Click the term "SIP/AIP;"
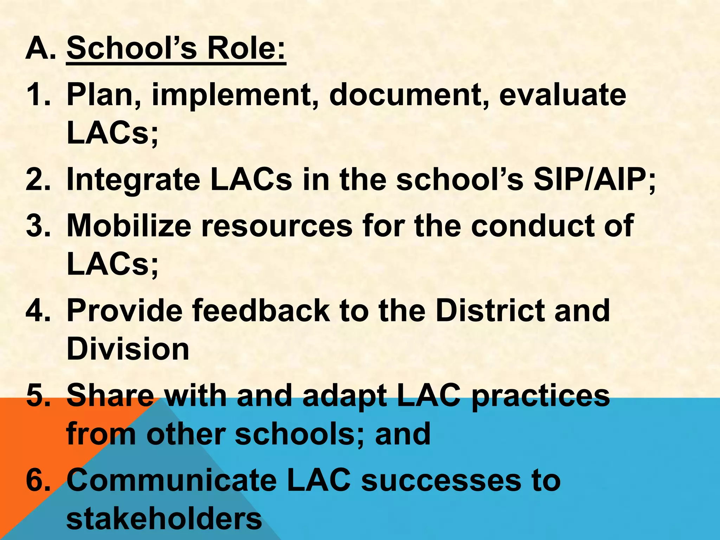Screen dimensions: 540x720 click(x=594, y=180)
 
